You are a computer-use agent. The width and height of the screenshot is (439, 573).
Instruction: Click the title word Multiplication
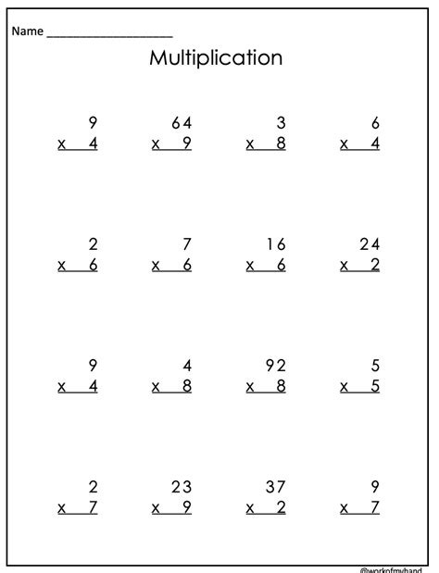(215, 58)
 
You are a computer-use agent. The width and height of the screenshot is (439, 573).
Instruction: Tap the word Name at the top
(27, 31)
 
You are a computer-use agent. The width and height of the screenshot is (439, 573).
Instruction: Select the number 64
(180, 123)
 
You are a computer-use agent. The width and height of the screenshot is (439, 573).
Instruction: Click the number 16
(274, 244)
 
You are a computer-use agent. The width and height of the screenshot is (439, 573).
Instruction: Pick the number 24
(368, 244)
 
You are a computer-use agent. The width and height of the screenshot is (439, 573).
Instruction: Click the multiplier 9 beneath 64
(186, 143)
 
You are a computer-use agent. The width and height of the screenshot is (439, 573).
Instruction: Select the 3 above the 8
(281, 123)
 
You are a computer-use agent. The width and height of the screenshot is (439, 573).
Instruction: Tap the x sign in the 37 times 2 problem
(250, 507)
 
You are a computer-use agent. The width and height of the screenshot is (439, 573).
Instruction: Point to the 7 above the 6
(186, 244)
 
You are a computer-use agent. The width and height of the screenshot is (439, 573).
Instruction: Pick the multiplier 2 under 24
(374, 265)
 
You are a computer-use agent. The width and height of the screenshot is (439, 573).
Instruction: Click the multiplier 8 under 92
(281, 386)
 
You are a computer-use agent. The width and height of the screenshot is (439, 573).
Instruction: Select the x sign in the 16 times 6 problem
(250, 266)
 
